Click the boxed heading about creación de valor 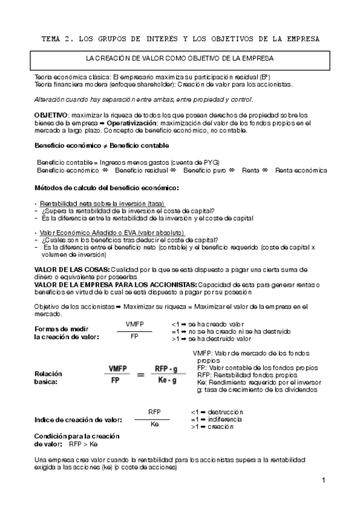click(180, 58)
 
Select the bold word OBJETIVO click(51, 114)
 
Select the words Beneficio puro click(204, 170)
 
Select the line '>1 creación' click(212, 426)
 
